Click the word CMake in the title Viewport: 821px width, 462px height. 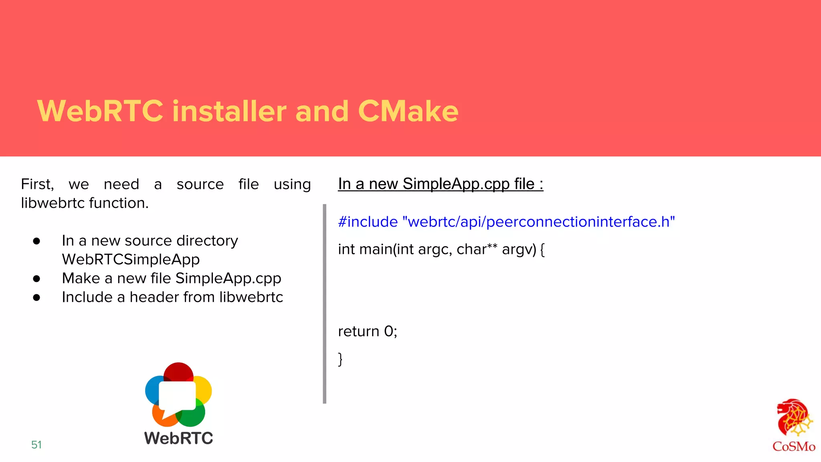click(x=408, y=111)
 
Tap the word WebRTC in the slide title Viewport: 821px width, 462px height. click(x=100, y=111)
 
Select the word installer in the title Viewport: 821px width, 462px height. click(x=229, y=111)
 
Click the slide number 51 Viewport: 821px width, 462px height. click(x=36, y=445)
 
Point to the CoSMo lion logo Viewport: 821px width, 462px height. click(x=794, y=419)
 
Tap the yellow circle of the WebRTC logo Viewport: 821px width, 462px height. click(x=204, y=389)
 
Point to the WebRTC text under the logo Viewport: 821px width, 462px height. click(x=178, y=438)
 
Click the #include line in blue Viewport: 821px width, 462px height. click(x=506, y=222)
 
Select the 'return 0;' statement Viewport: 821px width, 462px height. click(x=367, y=331)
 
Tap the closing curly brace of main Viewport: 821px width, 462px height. click(x=340, y=359)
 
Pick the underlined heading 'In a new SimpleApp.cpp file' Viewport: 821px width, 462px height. click(x=440, y=184)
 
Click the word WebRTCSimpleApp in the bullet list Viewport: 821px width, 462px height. click(x=131, y=259)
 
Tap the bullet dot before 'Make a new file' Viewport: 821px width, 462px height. click(x=36, y=279)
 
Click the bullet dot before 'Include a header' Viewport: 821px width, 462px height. click(x=36, y=298)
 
